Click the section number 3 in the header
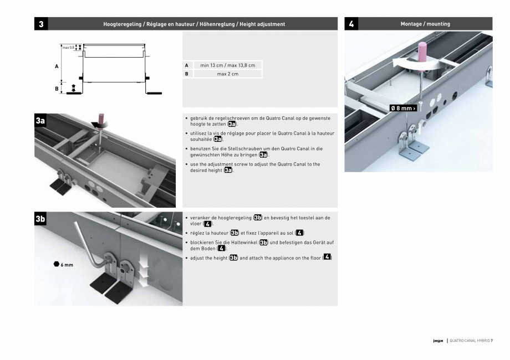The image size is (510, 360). click(x=42, y=24)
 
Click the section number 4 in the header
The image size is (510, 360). click(x=351, y=24)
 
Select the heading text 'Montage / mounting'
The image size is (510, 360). click(x=425, y=24)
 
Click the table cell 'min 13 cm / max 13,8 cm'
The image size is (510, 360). click(x=227, y=65)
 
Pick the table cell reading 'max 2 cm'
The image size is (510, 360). click(x=227, y=74)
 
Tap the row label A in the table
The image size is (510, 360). click(x=187, y=65)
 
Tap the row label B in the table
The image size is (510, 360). click(x=187, y=74)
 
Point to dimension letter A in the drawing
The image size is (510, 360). click(x=57, y=66)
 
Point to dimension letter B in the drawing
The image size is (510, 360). click(x=57, y=88)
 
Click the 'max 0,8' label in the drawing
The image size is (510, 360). click(x=69, y=48)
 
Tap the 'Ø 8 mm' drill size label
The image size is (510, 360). click(x=403, y=108)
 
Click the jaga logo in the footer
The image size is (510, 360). click(x=437, y=341)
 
